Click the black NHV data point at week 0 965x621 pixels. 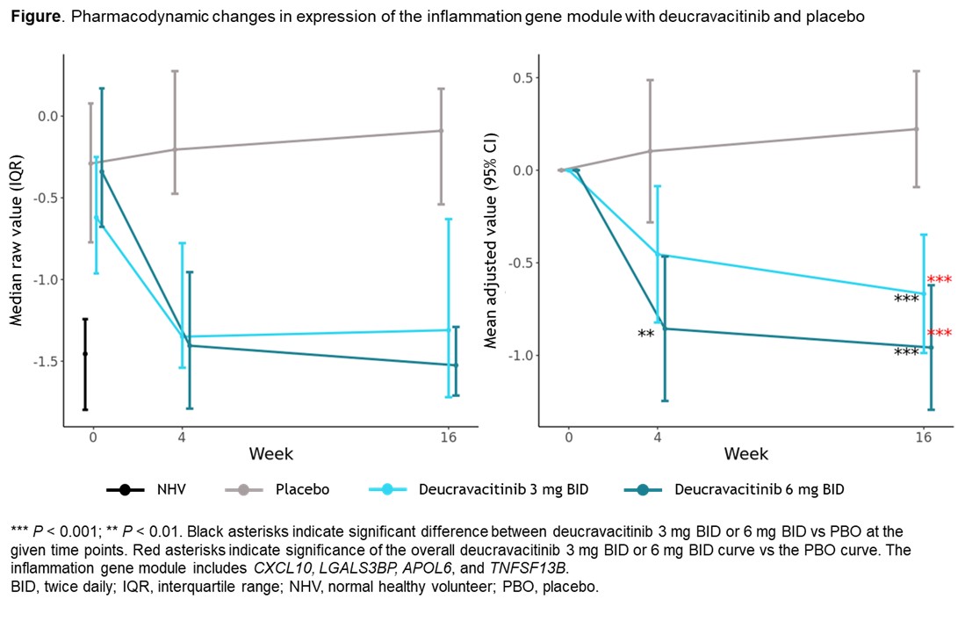85,353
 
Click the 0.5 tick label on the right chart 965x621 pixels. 524,77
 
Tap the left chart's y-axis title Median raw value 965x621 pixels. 16,241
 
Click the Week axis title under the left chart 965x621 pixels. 271,454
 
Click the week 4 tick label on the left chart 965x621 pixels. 182,436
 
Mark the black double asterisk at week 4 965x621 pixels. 646,335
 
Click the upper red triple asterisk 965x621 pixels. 940,281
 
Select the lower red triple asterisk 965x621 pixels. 940,334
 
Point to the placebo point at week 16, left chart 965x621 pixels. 441,130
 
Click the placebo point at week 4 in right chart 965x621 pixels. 651,150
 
